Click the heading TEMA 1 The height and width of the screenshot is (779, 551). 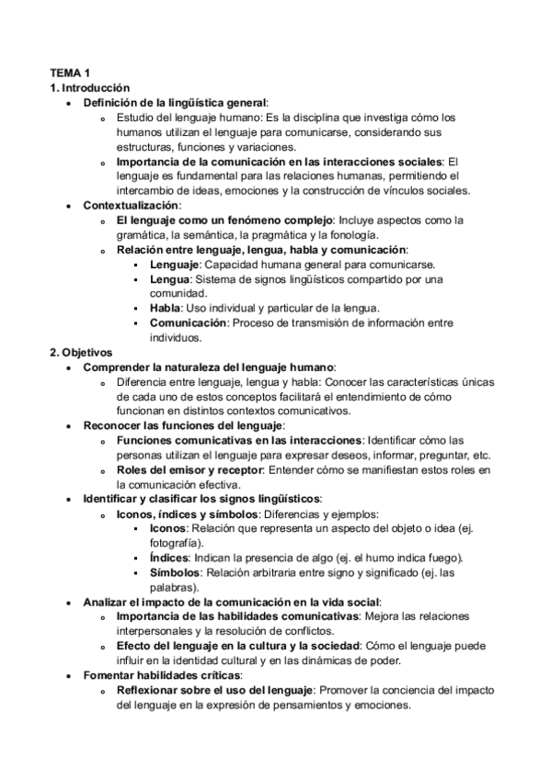pyautogui.click(x=70, y=73)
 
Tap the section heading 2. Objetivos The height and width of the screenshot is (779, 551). pyautogui.click(x=80, y=352)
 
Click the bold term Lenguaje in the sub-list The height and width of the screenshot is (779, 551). pyautogui.click(x=177, y=264)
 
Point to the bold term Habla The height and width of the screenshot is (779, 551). pyautogui.click(x=166, y=308)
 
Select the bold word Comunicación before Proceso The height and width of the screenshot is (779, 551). pyautogui.click(x=189, y=322)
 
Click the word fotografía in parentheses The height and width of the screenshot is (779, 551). pyautogui.click(x=175, y=543)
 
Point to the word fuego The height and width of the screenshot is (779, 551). pyautogui.click(x=444, y=558)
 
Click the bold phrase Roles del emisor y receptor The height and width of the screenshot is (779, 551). pyautogui.click(x=189, y=469)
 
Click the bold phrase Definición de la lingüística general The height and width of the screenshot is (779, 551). pyautogui.click(x=175, y=102)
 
